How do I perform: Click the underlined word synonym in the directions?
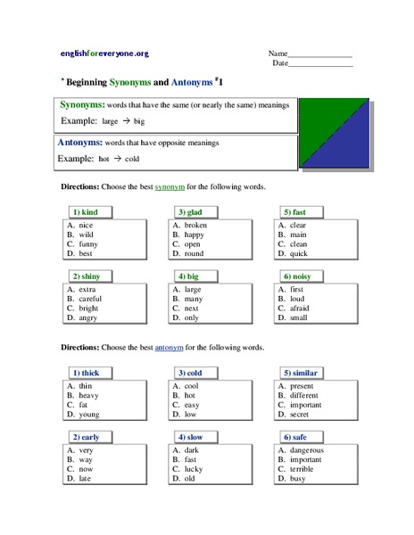coord(169,187)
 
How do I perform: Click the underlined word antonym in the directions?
coord(169,346)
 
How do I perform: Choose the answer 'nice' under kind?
coord(86,226)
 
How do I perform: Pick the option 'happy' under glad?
coord(195,235)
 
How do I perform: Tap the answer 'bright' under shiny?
coord(89,308)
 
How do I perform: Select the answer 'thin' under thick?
coord(87,384)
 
